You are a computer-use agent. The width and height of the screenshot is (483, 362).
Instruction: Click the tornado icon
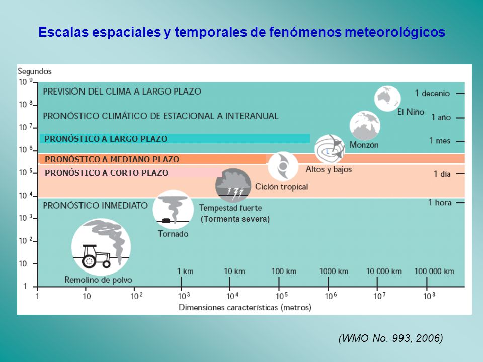coord(173,209)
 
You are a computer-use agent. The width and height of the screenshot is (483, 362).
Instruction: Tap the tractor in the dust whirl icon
coord(96,256)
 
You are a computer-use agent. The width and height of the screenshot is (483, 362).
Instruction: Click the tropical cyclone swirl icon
coord(283,166)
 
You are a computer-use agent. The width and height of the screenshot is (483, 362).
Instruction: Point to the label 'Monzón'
coord(364,145)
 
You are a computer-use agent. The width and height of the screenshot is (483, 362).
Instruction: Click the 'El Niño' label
coord(411,112)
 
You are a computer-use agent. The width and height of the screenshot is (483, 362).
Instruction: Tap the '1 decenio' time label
coord(432,94)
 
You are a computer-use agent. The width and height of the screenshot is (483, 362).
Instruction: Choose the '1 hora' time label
coord(440,203)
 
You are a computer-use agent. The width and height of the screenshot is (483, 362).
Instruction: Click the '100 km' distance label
coord(284,271)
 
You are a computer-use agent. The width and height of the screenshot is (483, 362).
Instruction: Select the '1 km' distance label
coord(185,271)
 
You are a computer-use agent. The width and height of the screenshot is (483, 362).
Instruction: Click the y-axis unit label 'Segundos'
coord(35,72)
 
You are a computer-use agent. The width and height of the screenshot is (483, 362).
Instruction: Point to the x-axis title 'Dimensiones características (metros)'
coord(245,308)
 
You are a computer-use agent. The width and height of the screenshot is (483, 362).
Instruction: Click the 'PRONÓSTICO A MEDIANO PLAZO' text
coord(112,159)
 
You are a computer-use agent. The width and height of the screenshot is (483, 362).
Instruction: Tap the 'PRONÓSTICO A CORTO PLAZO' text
coord(106,173)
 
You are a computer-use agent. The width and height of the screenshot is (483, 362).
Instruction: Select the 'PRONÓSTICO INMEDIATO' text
coord(95,205)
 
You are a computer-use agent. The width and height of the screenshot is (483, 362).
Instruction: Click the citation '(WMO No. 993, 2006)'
coord(390,338)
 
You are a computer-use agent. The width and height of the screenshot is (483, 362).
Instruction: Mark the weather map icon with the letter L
coord(330,149)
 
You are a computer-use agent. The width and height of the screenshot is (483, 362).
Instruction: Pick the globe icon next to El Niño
coord(387,99)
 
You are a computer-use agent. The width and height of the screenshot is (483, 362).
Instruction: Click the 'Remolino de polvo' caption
coord(98,280)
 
